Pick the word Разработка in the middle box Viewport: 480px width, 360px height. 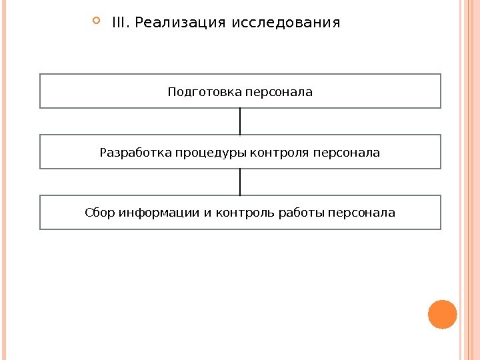tap(135, 153)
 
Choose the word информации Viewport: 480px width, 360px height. tap(159, 213)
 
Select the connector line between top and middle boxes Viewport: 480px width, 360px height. tap(240, 121)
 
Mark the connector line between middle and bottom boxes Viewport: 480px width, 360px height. tap(240, 182)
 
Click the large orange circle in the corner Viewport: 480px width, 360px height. tap(442, 315)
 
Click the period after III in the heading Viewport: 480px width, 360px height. tap(129, 27)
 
